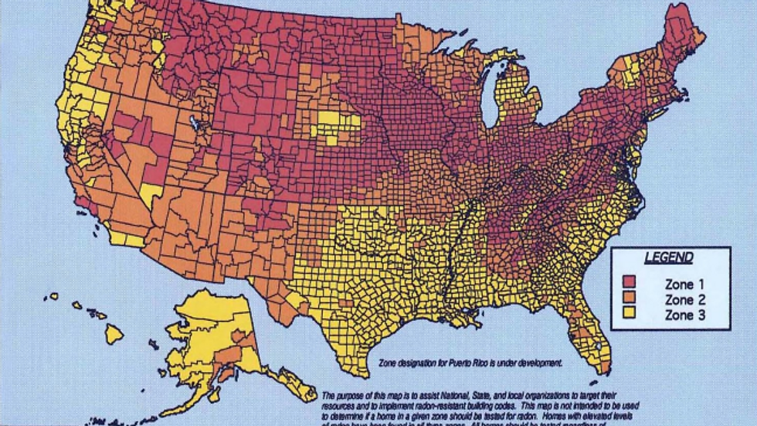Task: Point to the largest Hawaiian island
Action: pyautogui.click(x=114, y=334)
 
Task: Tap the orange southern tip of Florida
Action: pyautogui.click(x=605, y=360)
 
